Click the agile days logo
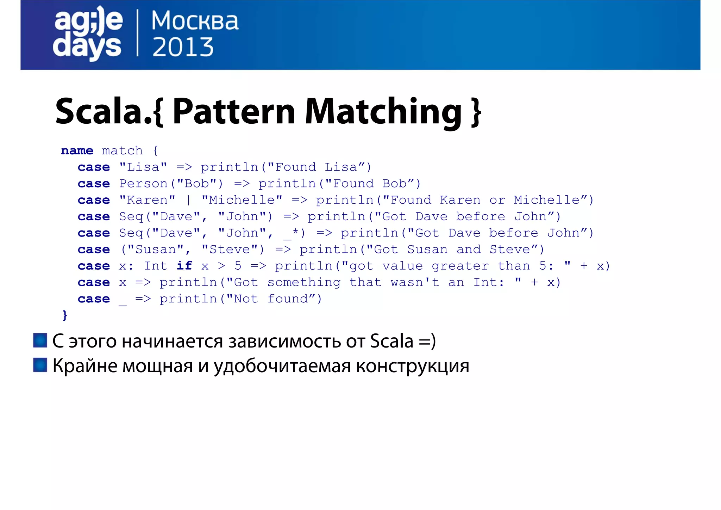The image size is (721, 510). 88,33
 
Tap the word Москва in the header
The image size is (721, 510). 195,21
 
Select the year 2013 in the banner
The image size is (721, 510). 183,48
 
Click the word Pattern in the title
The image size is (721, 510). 234,112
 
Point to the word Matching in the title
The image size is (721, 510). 383,112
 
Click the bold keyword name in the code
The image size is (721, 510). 77,151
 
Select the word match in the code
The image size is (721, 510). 122,151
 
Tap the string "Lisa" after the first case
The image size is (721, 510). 143,167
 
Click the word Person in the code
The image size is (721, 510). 143,184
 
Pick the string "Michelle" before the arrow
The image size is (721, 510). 242,200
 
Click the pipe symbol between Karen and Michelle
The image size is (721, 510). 189,200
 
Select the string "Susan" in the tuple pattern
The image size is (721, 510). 155,250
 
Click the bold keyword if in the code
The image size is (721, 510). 184,266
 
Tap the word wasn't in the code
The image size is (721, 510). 415,282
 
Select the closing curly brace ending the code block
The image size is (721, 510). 65,315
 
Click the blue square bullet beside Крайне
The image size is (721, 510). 40,365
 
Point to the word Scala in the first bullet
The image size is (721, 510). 391,341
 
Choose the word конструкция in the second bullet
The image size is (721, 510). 412,366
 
